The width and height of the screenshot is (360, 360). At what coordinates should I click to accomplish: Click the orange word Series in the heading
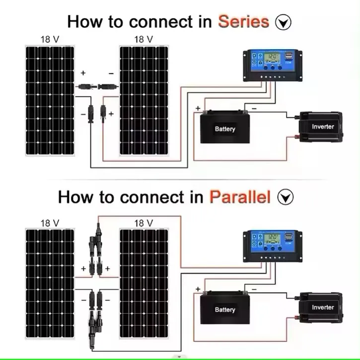point(243,22)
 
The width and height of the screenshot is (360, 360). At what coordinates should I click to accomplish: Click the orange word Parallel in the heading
point(240,197)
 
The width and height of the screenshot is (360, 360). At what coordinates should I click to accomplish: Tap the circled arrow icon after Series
point(284,23)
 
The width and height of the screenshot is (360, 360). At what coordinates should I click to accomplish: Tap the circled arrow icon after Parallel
point(286,198)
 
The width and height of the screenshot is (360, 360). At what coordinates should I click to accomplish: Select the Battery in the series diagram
point(224,128)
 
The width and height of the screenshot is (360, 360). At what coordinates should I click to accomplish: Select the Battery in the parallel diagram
point(224,308)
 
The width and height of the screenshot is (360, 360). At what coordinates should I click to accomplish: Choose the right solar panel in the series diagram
point(144,99)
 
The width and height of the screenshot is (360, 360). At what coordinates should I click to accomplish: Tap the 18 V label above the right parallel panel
point(144,223)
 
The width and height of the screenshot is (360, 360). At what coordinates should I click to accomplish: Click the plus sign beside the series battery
point(198,108)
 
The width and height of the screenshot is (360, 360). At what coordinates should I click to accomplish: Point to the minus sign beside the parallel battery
point(254,288)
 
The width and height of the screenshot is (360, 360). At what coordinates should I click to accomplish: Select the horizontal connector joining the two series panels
point(97,86)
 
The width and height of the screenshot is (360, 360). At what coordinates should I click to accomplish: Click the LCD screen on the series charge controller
point(272,58)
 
